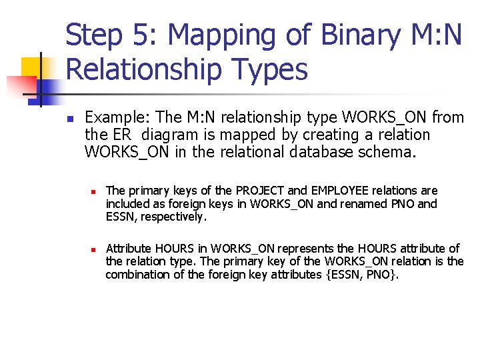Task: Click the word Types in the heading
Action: pos(271,70)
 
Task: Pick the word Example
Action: pos(117,118)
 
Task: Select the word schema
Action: pos(391,152)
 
